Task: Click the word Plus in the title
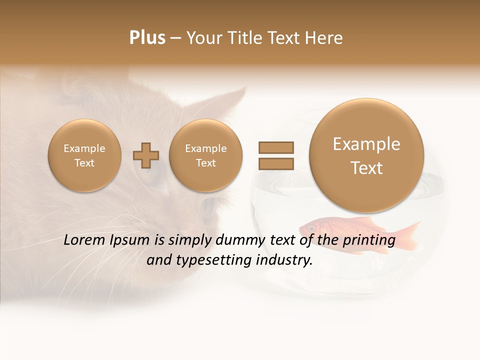(147, 37)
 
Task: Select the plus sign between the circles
(146, 155)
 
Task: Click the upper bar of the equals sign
(275, 147)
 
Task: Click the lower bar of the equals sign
(275, 163)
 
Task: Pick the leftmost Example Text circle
(84, 155)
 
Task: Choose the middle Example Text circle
(205, 155)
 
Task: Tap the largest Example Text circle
(366, 155)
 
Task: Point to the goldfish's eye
(312, 228)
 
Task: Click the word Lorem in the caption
(85, 240)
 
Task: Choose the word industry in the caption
(285, 260)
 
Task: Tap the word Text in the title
(284, 38)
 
